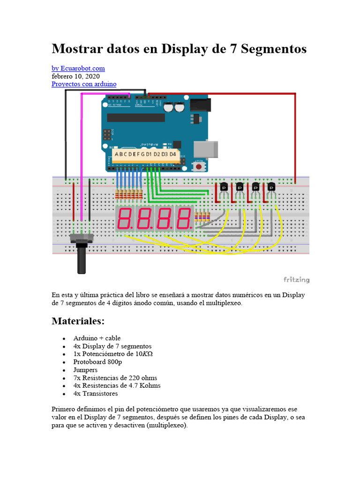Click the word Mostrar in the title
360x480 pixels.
pos(76,49)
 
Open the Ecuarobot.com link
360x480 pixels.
pos(78,68)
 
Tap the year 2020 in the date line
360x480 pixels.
pos(91,76)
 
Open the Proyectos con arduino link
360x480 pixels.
pos(84,84)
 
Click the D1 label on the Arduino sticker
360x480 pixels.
pos(149,154)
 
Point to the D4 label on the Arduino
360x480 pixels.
pos(172,154)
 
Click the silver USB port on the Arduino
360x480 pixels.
pos(206,149)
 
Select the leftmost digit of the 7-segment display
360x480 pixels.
pos(125,218)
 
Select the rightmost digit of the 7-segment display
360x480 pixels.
pos(184,218)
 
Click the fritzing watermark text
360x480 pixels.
pos(296,280)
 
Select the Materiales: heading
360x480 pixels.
pos(78,322)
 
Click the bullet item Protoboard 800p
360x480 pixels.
pos(97,362)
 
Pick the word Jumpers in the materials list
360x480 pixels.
pos(85,370)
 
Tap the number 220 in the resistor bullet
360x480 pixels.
pos(128,378)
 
